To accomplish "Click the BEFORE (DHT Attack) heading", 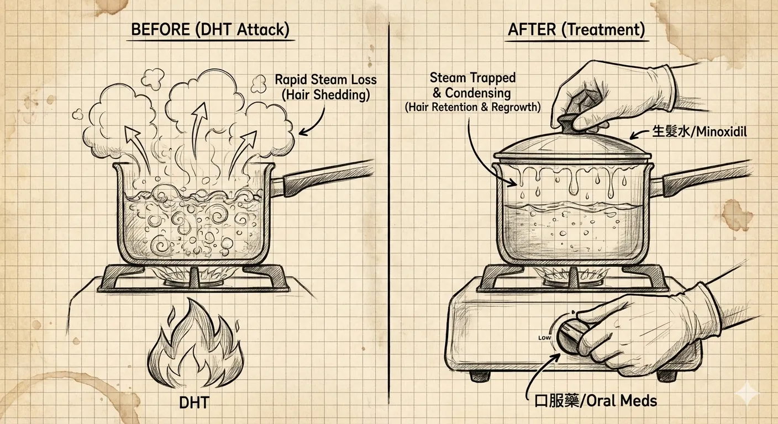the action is [210, 29].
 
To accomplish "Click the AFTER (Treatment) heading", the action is [576, 29].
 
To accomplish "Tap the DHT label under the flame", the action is [194, 402].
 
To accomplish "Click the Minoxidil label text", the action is [699, 131].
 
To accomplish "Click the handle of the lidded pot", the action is [698, 179].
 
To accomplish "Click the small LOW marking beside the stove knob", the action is [544, 338].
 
